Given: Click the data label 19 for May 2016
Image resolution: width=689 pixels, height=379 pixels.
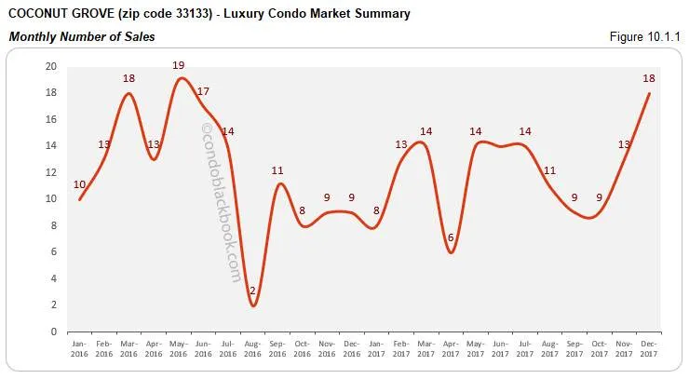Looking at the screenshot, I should click(x=179, y=65).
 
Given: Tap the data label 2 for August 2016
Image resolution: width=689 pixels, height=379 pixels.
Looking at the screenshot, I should click(x=251, y=291).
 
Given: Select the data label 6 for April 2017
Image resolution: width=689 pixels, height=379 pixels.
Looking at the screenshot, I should click(x=451, y=237).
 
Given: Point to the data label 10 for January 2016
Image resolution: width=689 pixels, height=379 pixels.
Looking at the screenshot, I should click(x=79, y=183).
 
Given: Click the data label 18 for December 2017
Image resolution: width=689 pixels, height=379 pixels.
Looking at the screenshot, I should click(x=650, y=79).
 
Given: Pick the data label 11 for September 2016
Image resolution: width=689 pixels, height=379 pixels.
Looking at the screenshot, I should click(x=277, y=170).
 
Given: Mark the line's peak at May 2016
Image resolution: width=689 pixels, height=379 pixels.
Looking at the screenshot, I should click(x=180, y=78).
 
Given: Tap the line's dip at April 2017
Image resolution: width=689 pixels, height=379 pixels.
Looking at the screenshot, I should click(x=452, y=252).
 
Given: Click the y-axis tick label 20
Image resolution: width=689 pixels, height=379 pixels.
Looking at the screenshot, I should click(x=52, y=66).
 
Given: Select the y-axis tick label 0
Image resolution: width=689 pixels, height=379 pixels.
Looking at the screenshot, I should click(x=55, y=332).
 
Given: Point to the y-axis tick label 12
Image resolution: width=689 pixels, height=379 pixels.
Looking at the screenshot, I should click(x=52, y=172).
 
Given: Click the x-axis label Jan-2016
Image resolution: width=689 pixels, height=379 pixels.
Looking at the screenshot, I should click(x=80, y=348).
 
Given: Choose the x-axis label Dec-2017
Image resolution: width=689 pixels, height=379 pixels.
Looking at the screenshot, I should click(x=650, y=348).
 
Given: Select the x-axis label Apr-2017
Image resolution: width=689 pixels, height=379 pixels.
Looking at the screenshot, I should click(x=452, y=348).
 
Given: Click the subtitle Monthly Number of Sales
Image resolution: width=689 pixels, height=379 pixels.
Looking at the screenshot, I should click(x=82, y=36).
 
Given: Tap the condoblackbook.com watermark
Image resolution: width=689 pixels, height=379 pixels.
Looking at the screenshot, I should click(x=221, y=205).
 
